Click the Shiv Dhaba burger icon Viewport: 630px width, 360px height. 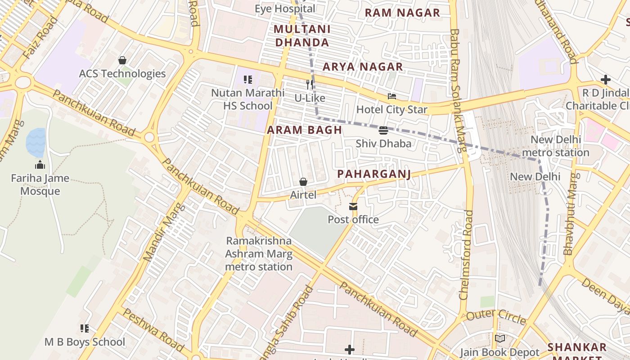383,130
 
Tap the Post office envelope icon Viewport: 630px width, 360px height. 353,207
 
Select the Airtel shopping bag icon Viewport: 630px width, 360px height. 303,182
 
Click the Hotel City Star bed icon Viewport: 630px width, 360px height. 392,96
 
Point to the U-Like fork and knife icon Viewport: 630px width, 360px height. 309,84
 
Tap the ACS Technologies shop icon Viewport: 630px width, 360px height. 122,60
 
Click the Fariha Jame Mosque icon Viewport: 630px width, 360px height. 40,165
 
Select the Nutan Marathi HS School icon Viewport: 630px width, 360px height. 247,80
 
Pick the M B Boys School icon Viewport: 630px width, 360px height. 84,328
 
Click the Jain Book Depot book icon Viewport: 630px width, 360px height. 499,339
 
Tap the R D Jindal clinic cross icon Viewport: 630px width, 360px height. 605,80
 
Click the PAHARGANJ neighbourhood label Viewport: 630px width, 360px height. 374,174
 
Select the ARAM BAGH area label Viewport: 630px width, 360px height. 304,130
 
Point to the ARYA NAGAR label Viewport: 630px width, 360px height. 363,67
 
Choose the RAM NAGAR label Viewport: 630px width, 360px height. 402,13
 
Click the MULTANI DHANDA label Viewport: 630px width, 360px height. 302,36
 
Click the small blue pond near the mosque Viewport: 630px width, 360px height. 36,142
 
